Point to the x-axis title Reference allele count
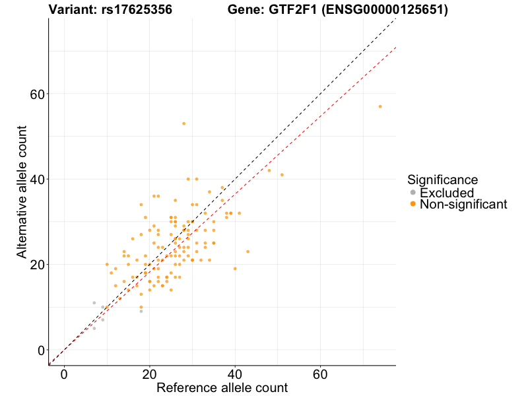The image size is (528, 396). click(222, 387)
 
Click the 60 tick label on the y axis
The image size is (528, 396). click(38, 94)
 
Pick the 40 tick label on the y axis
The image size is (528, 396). click(38, 179)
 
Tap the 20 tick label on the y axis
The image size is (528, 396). click(38, 265)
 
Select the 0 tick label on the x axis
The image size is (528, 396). click(64, 374)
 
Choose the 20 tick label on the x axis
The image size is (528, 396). click(150, 374)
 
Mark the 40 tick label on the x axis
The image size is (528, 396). click(235, 374)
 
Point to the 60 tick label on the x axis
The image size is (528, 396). click(321, 374)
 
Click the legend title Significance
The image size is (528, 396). click(442, 180)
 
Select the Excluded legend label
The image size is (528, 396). click(446, 193)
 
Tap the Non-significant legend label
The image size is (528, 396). click(463, 205)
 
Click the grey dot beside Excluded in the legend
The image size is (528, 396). click(412, 193)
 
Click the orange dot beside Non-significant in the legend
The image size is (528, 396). click(412, 205)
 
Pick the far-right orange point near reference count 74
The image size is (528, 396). click(380, 106)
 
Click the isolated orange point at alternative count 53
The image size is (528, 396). click(184, 123)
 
